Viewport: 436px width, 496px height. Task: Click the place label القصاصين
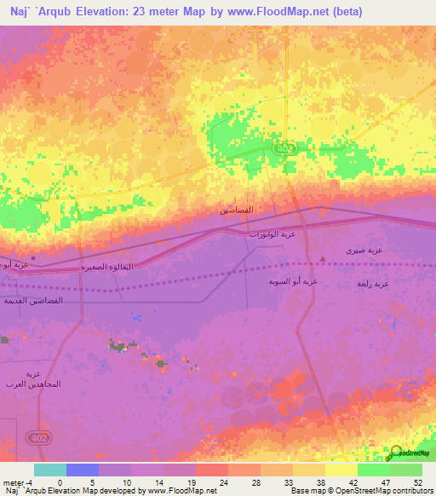click(x=236, y=210)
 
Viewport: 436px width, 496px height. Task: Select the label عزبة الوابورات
click(x=272, y=233)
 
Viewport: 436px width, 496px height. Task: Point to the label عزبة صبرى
click(x=364, y=251)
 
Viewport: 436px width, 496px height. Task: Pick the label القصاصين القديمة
click(x=34, y=300)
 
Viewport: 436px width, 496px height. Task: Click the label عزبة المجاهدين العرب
click(x=33, y=379)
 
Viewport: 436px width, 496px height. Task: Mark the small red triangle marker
click(x=322, y=258)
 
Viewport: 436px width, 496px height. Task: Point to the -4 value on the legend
click(x=31, y=482)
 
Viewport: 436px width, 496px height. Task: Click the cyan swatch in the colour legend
click(x=50, y=470)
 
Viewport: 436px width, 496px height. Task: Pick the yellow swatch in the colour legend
click(x=341, y=470)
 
